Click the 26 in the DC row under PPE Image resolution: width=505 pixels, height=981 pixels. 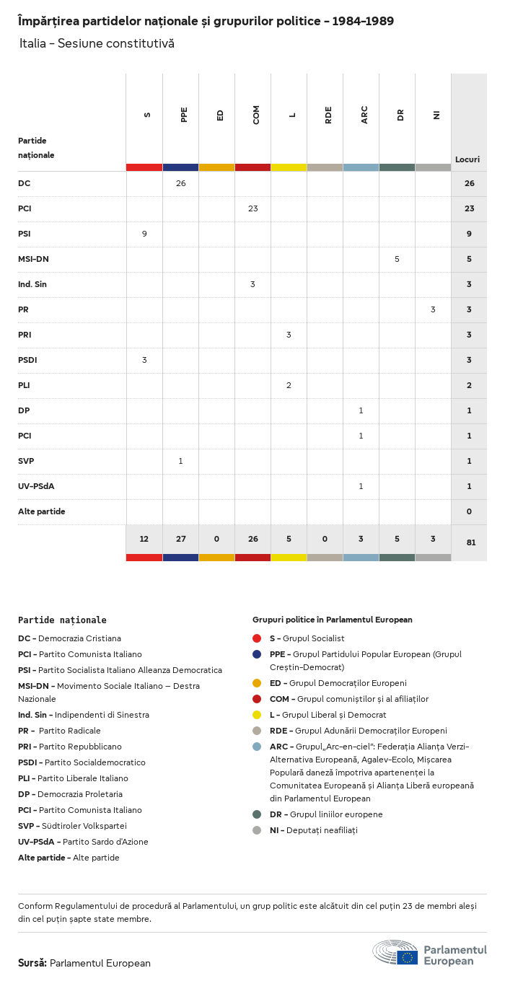[x=180, y=183]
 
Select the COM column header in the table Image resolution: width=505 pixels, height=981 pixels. [x=256, y=115]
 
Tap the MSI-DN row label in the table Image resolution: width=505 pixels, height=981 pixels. [x=33, y=259]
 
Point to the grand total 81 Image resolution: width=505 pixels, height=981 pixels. [x=470, y=542]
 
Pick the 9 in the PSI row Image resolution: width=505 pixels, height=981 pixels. [x=144, y=234]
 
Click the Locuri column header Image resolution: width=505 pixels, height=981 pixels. [x=467, y=159]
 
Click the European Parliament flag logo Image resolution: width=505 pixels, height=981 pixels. [x=407, y=957]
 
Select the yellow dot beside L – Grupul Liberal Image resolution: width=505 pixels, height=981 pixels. [x=257, y=715]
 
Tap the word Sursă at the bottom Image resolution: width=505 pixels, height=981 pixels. [x=32, y=963]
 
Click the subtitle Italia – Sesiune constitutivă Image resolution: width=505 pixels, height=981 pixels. [x=97, y=44]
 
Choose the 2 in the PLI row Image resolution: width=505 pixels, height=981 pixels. [x=289, y=385]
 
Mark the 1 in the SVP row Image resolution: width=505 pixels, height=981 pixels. [x=180, y=461]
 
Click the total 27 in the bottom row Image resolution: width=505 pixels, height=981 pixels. [x=180, y=538]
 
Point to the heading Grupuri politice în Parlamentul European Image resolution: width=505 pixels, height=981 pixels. [x=332, y=620]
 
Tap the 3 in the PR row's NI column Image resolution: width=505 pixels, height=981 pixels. [x=433, y=309]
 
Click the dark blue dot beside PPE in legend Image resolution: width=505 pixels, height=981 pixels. [x=257, y=654]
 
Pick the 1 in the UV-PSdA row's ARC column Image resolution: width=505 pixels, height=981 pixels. [x=361, y=486]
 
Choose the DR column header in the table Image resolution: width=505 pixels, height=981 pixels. [x=400, y=115]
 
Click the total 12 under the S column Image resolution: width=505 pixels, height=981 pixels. [x=144, y=538]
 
